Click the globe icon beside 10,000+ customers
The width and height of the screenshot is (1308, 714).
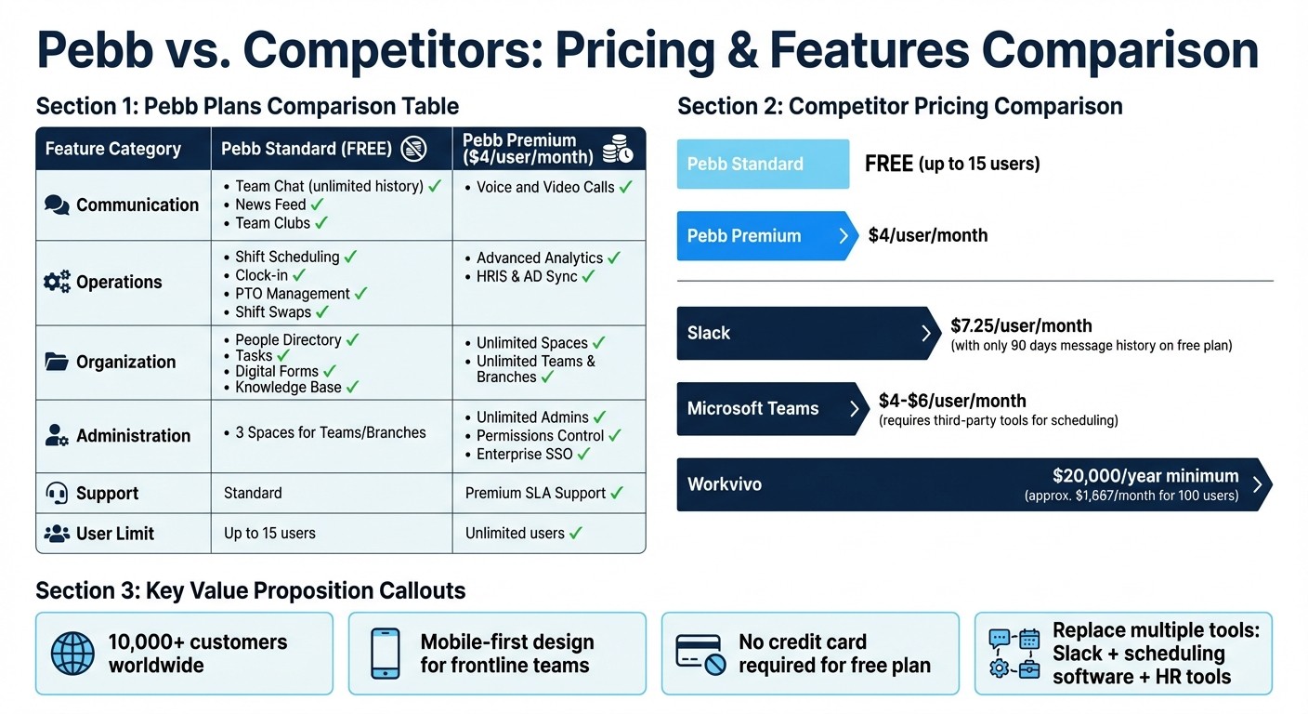[73, 654]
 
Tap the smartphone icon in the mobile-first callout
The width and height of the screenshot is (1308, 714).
[386, 654]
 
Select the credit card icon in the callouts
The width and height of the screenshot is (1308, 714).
[700, 654]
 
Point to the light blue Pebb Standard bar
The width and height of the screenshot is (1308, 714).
[763, 164]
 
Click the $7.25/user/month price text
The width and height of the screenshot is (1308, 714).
[1021, 326]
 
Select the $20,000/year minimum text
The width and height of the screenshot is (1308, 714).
[1144, 476]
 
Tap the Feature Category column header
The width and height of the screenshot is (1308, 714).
[113, 149]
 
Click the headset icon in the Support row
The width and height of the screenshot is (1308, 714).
[57, 494]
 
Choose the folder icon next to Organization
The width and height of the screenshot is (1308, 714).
[57, 362]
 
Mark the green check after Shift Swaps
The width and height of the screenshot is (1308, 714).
[322, 312]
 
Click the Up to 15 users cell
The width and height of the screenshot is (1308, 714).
[269, 534]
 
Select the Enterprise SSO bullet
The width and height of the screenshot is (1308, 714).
[526, 455]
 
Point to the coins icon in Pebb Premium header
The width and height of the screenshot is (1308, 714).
[617, 150]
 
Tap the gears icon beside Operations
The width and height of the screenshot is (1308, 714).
[57, 282]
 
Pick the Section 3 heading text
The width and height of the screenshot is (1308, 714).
[250, 590]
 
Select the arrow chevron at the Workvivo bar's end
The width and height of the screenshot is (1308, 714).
[1257, 484]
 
